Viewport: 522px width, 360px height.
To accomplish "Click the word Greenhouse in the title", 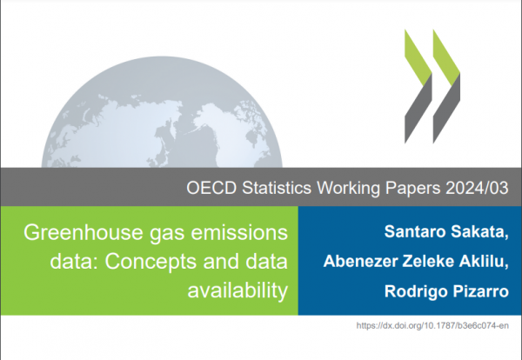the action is click(84, 232).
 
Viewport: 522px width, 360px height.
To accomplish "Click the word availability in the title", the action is click(238, 290).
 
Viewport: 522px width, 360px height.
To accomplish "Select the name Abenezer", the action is click(360, 261).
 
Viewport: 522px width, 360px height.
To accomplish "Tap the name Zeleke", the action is click(428, 261).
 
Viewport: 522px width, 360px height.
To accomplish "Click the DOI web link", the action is click(432, 325).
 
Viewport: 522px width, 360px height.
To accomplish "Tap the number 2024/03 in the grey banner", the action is click(477, 188).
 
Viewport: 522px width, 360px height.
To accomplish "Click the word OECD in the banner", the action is click(211, 188).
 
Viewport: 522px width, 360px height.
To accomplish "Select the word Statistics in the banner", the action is click(277, 188).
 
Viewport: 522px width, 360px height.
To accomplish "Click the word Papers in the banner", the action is click(412, 189).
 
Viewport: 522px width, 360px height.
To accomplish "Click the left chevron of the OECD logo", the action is click(418, 86).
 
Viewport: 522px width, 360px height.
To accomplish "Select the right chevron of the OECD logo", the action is click(446, 86).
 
